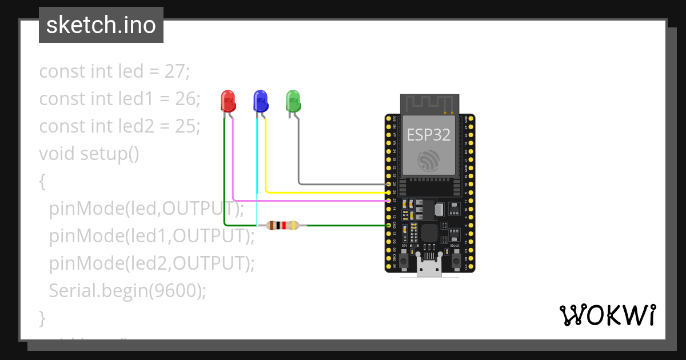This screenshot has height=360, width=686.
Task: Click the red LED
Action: [228, 101]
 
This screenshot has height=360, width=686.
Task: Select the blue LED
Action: [260, 101]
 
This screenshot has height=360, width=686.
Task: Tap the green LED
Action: [293, 101]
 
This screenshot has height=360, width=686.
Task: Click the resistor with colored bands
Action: [282, 225]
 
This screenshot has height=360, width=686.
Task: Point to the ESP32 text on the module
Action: [428, 135]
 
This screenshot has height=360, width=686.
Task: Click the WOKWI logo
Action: [607, 315]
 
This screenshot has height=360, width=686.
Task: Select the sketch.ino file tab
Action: [101, 25]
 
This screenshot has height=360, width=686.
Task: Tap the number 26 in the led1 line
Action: [186, 99]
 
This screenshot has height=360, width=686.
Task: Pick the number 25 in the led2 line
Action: [186, 126]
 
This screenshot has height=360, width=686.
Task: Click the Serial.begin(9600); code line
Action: [127, 290]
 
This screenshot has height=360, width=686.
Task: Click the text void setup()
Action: [89, 154]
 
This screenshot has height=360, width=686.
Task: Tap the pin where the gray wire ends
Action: [389, 185]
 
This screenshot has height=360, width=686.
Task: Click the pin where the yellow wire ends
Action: [389, 193]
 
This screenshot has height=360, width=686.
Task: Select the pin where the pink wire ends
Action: [389, 201]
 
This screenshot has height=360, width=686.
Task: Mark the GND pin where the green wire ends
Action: [389, 225]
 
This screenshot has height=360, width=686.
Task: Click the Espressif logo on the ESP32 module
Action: [428, 161]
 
